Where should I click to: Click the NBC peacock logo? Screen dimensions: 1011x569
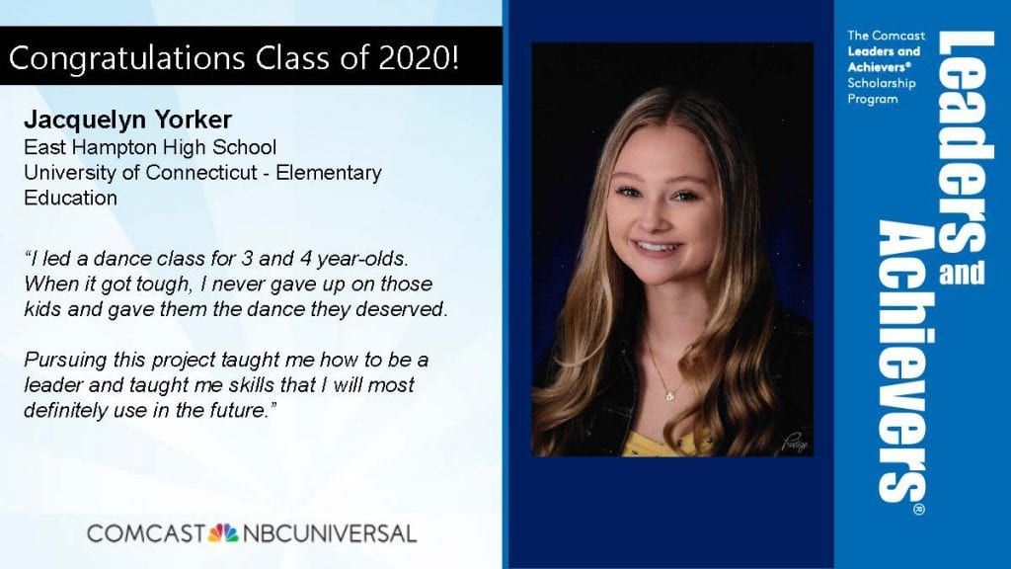click(223, 532)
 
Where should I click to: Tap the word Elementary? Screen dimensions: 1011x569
click(329, 174)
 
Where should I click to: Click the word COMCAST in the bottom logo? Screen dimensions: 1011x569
click(146, 533)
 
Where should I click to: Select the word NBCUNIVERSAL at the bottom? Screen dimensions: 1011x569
click(330, 533)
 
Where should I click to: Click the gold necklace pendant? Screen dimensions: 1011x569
click(670, 394)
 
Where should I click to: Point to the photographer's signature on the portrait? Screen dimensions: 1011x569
click(795, 443)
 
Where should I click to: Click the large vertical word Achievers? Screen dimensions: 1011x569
click(902, 362)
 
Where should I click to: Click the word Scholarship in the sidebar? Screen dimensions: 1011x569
click(882, 83)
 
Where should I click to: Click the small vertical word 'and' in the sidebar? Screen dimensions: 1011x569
click(962, 273)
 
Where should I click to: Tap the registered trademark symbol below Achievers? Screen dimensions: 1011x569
click(919, 510)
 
